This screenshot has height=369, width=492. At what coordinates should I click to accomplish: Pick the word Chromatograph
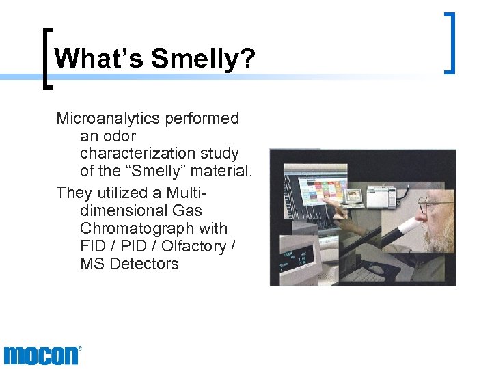[153, 228]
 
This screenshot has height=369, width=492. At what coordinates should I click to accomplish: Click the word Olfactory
[195, 246]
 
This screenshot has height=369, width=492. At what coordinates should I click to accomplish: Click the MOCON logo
[42, 355]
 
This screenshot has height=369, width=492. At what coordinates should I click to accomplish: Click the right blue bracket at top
[450, 42]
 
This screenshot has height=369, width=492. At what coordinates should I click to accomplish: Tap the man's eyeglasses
[431, 206]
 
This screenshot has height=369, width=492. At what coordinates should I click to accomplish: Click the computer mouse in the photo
[376, 271]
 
